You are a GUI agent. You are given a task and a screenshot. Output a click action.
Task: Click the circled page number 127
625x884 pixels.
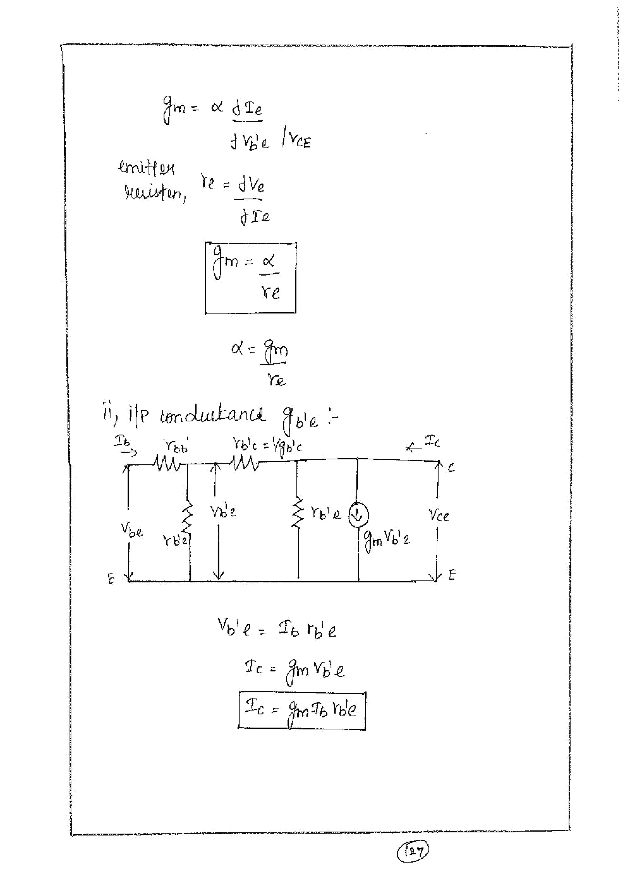413,851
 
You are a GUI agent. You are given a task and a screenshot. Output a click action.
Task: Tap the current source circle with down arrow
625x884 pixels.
358,516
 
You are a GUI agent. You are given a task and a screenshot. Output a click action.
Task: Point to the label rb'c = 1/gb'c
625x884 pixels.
267,447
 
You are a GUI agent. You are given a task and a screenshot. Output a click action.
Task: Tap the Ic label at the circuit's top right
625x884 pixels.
432,442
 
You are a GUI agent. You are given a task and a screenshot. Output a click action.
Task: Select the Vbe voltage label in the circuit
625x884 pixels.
132,530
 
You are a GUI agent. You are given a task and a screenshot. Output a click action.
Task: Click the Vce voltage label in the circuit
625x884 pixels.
439,515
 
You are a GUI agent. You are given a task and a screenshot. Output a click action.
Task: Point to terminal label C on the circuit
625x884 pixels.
451,468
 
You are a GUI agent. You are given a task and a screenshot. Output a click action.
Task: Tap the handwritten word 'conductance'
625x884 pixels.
212,416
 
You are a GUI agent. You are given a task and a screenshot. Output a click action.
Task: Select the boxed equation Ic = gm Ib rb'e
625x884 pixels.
302,710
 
